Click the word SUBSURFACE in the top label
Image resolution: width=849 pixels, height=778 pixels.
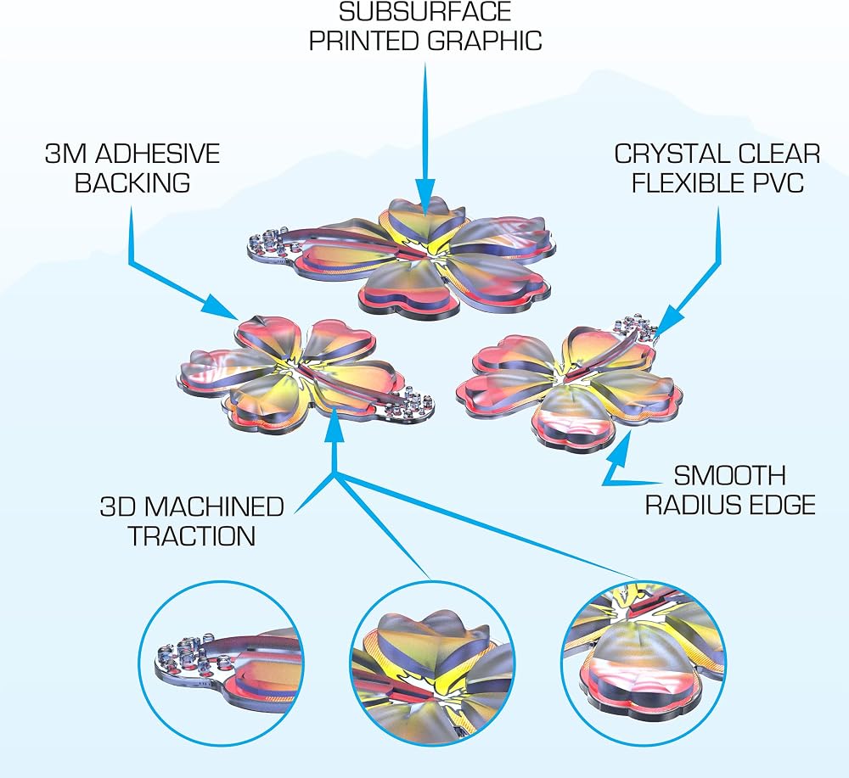coord(425,11)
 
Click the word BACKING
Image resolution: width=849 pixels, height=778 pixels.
coord(132,183)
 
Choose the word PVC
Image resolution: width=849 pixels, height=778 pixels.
coord(778,183)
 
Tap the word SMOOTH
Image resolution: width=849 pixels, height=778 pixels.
coord(730,476)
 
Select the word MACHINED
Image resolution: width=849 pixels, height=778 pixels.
coord(214,507)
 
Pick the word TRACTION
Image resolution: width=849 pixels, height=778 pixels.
coord(192,536)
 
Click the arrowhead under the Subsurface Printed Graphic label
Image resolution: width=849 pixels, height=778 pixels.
coord(425,197)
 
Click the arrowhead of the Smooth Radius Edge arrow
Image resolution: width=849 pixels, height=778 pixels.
coord(622,446)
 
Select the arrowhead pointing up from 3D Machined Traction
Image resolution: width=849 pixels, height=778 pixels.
coord(335,426)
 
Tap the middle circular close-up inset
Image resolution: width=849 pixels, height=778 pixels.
coord(431,662)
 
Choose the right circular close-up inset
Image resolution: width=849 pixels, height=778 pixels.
coord(643,662)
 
